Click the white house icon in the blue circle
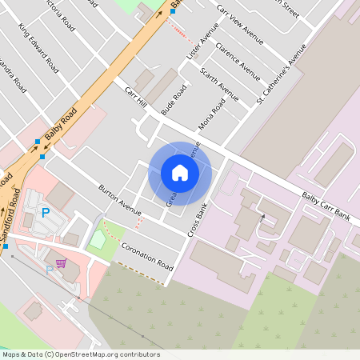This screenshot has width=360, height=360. (180, 173)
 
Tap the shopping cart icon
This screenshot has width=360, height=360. (60, 262)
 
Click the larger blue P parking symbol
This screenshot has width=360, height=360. (46, 213)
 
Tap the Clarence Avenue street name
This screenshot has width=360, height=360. (238, 61)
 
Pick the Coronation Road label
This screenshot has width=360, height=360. (148, 256)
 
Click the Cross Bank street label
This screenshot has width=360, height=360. (198, 218)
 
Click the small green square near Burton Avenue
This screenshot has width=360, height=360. (97, 238)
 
